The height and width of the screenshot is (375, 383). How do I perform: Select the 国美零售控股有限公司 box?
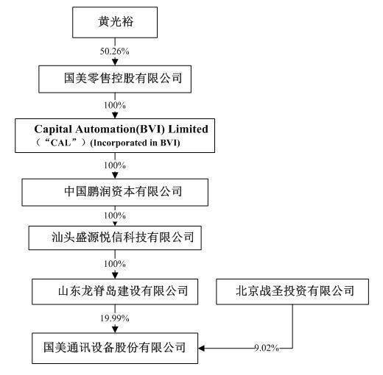pyautogui.click(x=116, y=77)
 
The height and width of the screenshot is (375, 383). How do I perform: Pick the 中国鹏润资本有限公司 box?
pyautogui.click(x=116, y=193)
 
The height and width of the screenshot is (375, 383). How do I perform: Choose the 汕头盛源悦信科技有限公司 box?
pyautogui.click(x=116, y=238)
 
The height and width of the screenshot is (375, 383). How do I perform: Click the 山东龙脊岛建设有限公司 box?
pyautogui.click(x=116, y=291)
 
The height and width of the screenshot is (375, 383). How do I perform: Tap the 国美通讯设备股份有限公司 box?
pyautogui.click(x=116, y=345)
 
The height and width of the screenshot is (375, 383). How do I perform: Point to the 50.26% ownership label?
pyautogui.click(x=116, y=53)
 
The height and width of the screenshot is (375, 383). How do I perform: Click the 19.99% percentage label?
pyautogui.click(x=116, y=318)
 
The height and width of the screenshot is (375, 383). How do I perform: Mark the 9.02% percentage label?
pyautogui.click(x=266, y=347)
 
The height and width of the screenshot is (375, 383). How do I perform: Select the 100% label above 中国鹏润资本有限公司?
pyautogui.click(x=116, y=165)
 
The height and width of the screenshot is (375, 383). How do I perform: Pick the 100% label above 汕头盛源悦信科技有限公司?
pyautogui.click(x=116, y=215)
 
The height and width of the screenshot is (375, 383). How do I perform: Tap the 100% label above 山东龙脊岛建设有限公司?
pyautogui.click(x=116, y=262)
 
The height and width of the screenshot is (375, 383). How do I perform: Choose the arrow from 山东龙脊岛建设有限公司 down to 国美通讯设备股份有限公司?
pyautogui.click(x=116, y=328)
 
